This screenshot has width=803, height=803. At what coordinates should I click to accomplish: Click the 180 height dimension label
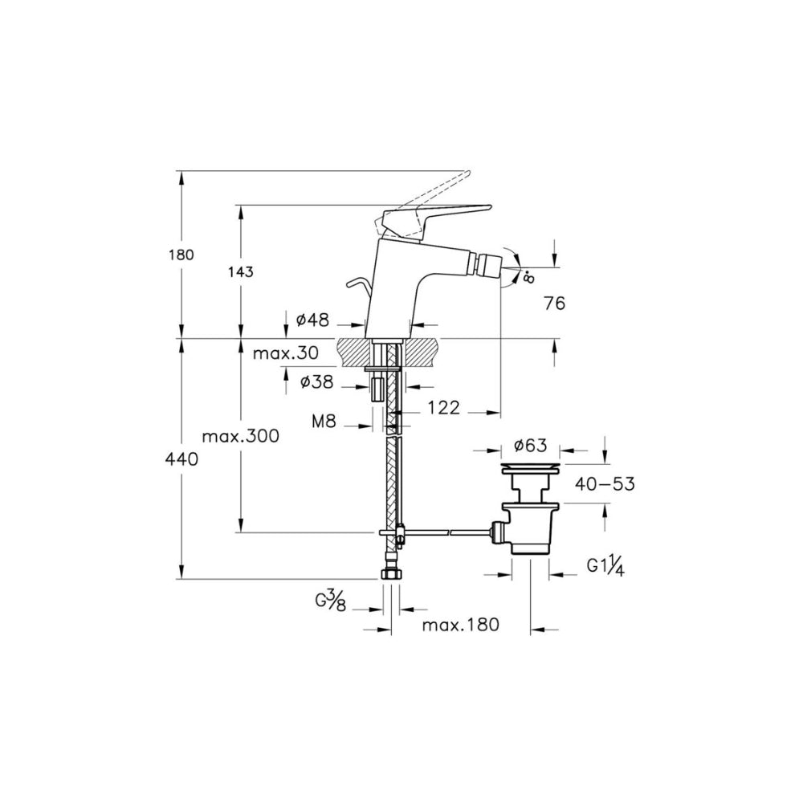coord(181,255)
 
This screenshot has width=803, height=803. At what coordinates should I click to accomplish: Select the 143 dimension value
coord(241,271)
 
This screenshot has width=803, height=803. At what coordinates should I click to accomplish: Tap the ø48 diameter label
coord(312,320)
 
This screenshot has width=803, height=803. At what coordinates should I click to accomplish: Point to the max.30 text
coord(286,353)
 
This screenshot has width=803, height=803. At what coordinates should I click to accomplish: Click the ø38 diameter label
coord(316,381)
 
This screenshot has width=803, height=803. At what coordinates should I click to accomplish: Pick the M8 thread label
coord(324,422)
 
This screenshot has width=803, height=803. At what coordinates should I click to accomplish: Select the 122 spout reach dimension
coord(443,408)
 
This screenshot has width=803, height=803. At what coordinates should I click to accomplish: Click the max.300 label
coord(241,436)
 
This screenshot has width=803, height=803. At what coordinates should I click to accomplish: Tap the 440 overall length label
coord(181,459)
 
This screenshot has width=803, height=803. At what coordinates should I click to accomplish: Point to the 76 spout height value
coord(555,304)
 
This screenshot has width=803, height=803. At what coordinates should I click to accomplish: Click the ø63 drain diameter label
coord(531,445)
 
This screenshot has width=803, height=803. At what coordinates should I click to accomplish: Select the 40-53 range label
coord(605,484)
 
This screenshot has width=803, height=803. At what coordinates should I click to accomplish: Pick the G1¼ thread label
coord(605,566)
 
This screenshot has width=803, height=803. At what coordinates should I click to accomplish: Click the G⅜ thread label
coord(331,600)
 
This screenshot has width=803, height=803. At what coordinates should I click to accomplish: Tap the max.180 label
coord(460,625)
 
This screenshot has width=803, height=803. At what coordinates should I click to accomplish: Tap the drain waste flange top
coord(531,468)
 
